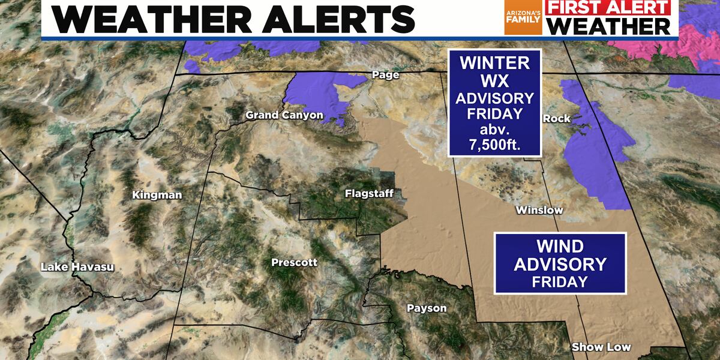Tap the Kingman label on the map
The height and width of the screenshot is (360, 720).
click(157, 195)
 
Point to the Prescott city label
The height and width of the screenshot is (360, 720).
click(294, 263)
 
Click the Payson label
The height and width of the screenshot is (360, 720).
click(427, 308)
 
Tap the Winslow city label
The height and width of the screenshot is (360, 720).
click(539, 211)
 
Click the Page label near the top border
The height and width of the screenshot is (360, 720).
click(385, 76)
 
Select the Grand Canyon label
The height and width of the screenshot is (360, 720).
click(284, 115)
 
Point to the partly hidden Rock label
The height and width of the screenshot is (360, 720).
click(556, 119)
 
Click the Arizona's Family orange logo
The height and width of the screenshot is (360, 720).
click(523, 17)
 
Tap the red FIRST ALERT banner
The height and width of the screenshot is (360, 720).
click(610, 8)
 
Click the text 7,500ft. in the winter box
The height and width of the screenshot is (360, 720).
click(495, 143)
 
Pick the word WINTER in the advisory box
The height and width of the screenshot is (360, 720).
click(495, 62)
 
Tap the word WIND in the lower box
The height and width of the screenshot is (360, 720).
click(560, 246)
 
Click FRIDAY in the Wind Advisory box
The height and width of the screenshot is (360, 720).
click(560, 281)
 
